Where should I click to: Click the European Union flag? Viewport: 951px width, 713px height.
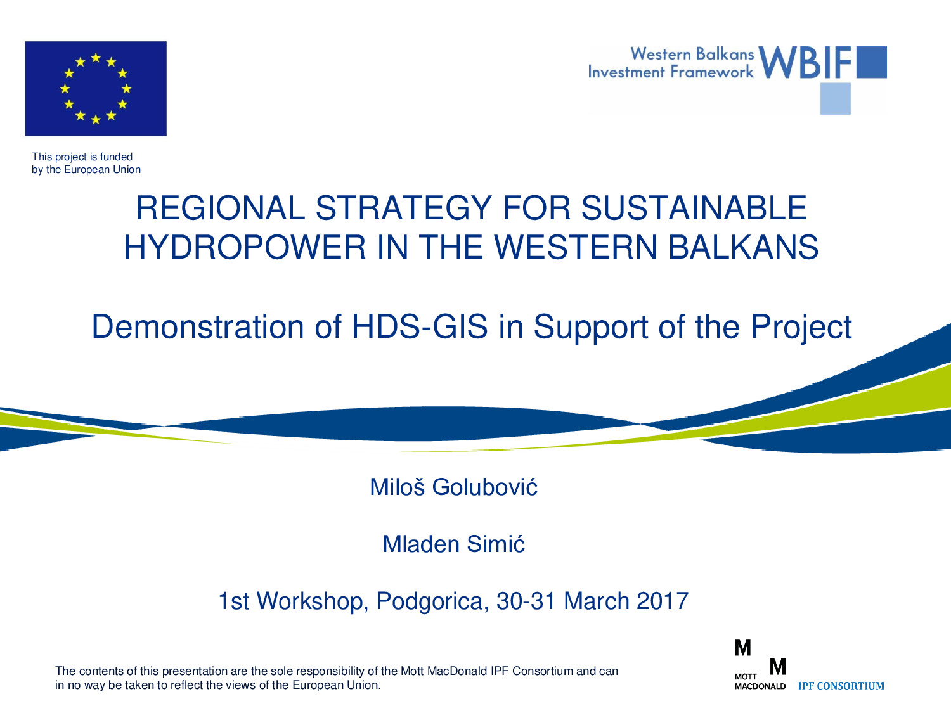tap(96, 89)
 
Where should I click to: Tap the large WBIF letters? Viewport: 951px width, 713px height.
tap(805, 62)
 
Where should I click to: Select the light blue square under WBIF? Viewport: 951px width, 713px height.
tap(836, 99)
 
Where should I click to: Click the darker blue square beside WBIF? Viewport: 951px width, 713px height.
tap(872, 62)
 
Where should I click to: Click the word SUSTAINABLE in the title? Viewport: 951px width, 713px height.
tap(694, 209)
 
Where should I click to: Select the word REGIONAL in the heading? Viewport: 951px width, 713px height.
tap(221, 209)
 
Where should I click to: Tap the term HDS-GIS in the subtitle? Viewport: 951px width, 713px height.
tap(420, 326)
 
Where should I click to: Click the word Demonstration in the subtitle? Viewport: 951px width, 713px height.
tap(197, 326)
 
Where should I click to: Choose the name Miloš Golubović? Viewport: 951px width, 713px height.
tap(453, 487)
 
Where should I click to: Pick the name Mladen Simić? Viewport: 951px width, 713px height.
tap(453, 544)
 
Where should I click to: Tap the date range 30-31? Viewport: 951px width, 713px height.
tap(526, 601)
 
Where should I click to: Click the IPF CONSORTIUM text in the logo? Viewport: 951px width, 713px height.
tap(841, 686)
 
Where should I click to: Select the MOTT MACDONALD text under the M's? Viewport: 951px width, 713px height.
tap(760, 681)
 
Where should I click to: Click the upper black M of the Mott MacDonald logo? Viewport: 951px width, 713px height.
tap(743, 648)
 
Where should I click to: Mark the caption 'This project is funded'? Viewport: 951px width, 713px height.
tap(82, 157)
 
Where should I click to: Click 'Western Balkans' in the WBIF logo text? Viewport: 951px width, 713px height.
tap(692, 54)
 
